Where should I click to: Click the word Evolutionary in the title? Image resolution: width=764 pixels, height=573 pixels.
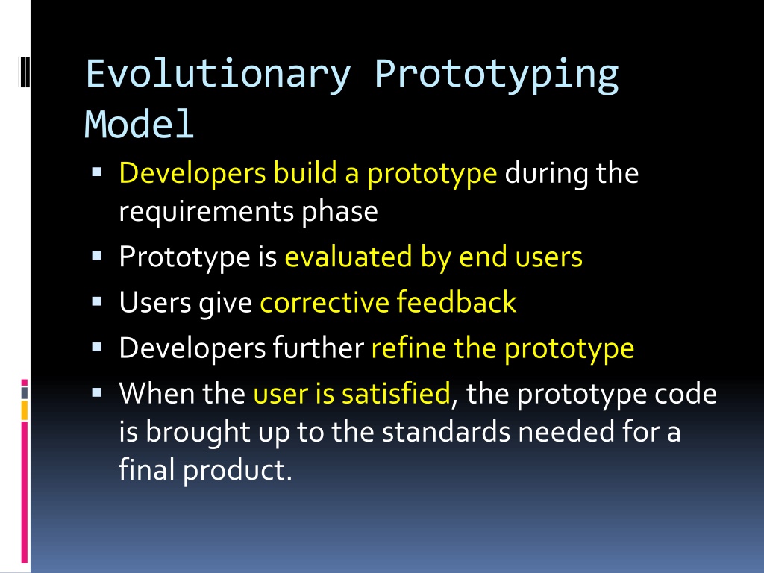[x=218, y=75]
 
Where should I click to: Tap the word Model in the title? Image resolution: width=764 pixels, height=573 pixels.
[x=140, y=125]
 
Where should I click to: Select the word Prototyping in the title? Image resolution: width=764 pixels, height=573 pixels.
[x=496, y=75]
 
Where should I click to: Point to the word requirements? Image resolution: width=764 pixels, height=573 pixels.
[x=207, y=212]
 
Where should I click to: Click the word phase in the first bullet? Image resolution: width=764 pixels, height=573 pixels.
[x=339, y=212]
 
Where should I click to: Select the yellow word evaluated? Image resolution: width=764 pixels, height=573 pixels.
[x=348, y=257]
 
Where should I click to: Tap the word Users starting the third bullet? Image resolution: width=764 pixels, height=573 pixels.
[x=155, y=302]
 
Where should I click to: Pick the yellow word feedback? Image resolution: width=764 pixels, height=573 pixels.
[x=457, y=301]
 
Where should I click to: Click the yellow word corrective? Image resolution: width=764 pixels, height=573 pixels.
[x=324, y=302]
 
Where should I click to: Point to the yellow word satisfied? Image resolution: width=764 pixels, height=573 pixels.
[x=395, y=393]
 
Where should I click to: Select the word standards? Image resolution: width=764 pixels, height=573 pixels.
[x=446, y=432]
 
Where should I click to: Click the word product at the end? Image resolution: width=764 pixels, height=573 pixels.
[x=237, y=470]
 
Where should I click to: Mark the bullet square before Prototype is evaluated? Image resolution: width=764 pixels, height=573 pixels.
[x=96, y=256]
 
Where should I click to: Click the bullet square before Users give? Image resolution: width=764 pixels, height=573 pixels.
[x=96, y=301]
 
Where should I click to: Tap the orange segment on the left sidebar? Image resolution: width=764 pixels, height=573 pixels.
[x=25, y=410]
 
